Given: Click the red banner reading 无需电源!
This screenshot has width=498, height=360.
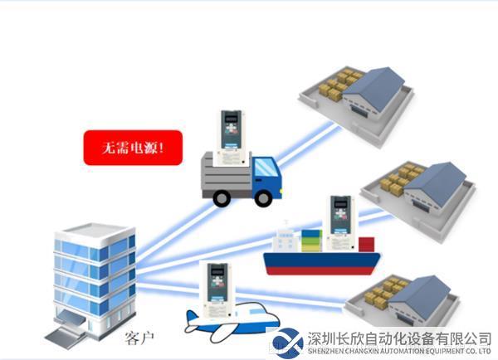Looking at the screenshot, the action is point(133,148).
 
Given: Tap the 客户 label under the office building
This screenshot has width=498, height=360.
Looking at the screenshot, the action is point(139,338).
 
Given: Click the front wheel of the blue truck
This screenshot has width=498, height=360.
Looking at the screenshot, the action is point(263,198).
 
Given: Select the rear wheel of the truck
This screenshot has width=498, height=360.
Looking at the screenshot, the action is point(222,198).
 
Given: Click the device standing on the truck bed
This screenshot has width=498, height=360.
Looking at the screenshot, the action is point(231,138).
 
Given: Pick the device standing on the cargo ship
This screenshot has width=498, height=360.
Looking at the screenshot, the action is point(340,223).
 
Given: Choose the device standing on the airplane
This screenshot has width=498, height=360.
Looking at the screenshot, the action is point(217,290).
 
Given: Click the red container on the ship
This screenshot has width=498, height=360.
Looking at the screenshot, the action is point(367,245).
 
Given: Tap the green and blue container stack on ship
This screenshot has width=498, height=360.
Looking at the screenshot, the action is point(311,241).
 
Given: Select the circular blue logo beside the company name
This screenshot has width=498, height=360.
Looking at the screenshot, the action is point(288,343).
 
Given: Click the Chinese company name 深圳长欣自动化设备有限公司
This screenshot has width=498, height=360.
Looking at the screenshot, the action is point(399,339).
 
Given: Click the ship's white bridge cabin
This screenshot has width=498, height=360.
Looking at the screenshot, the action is point(285,240).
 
